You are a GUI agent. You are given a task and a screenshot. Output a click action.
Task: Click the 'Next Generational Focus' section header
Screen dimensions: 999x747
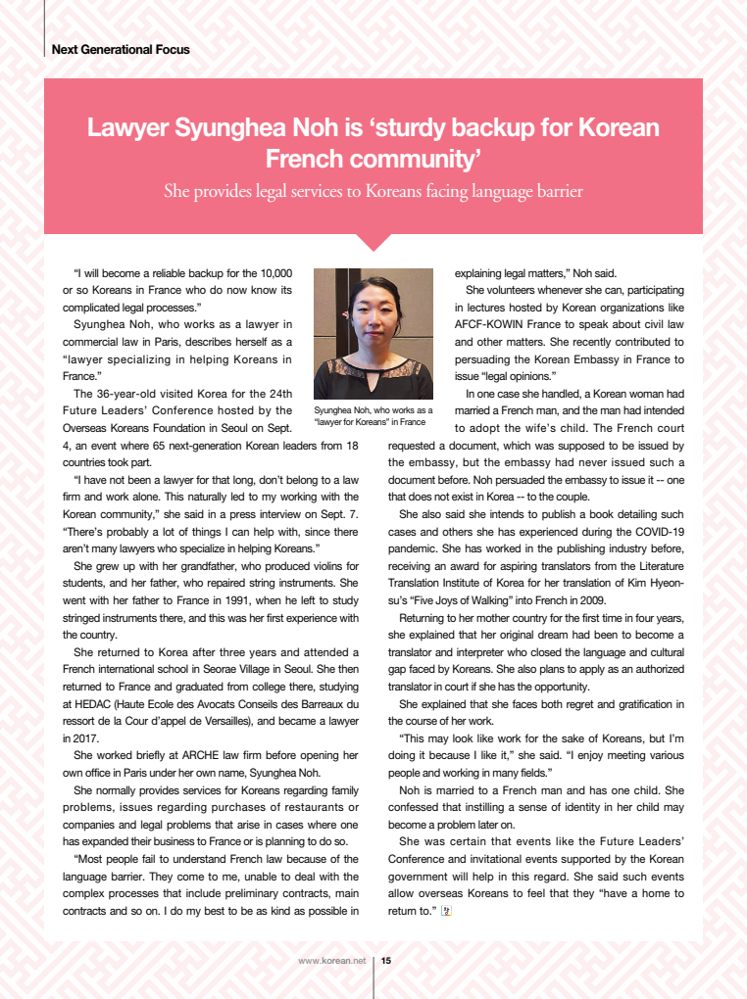tap(121, 49)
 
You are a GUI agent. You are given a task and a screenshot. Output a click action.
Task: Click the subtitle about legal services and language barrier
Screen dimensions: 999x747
tap(373, 191)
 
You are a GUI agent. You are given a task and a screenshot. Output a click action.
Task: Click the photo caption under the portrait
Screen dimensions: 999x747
tap(373, 416)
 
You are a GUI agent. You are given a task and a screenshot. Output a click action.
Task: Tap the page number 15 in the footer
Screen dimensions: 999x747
tap(386, 961)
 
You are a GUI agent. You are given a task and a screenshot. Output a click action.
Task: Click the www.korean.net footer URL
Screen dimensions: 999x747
tap(331, 961)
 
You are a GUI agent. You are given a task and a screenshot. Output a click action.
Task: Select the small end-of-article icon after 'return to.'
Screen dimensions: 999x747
tap(446, 911)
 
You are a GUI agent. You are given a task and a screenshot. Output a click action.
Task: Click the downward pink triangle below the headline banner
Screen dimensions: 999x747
tap(373, 241)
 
